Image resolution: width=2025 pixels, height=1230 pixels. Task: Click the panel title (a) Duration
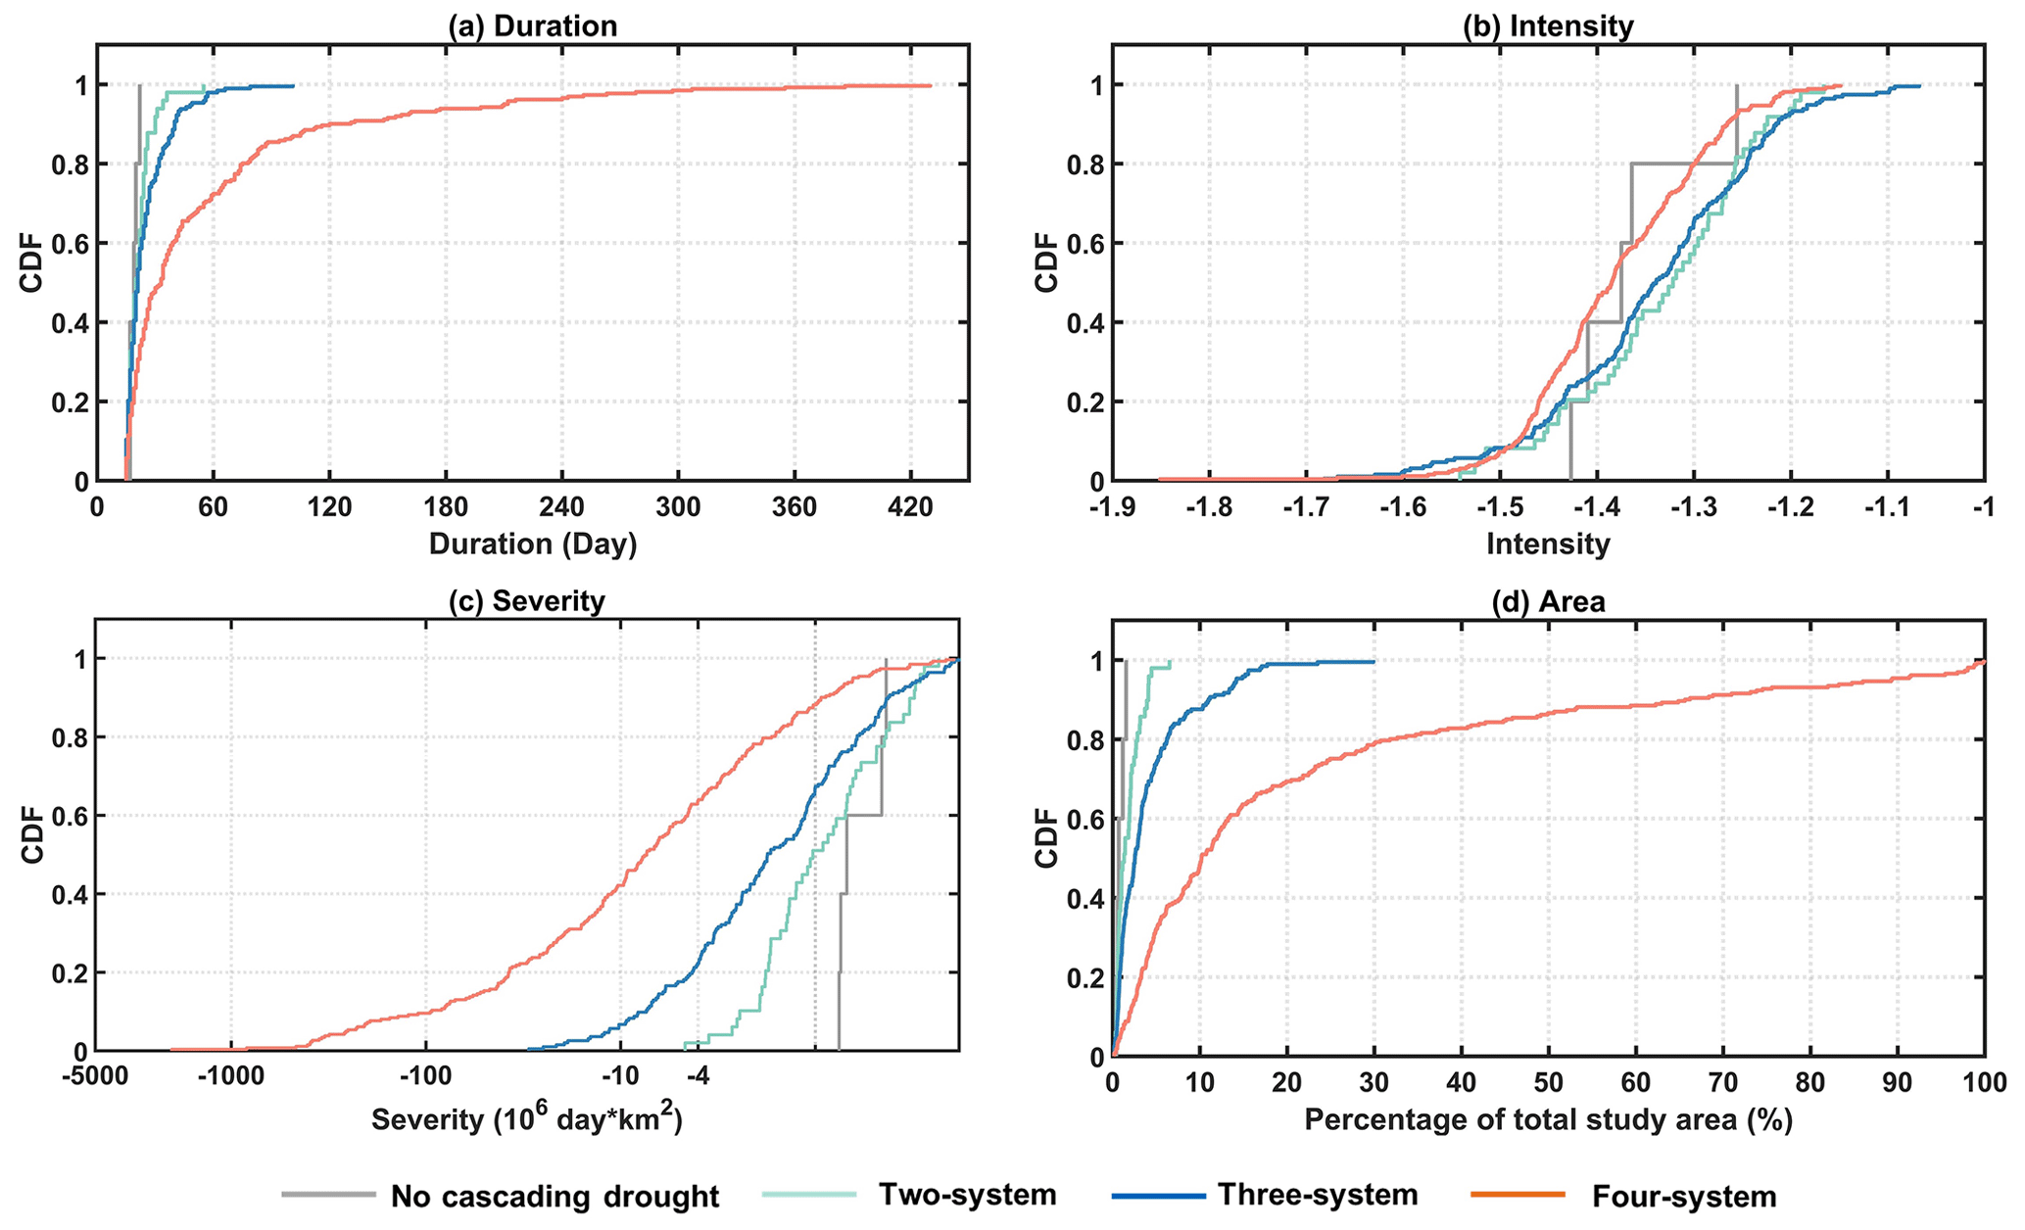532,26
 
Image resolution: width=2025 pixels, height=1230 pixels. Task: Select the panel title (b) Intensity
1548,26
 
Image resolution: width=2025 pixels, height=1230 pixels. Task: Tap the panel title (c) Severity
527,600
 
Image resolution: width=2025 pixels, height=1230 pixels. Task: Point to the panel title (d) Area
1548,601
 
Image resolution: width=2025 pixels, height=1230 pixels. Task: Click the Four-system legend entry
1683,1197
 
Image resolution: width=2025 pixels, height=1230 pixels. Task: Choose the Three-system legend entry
1318,1195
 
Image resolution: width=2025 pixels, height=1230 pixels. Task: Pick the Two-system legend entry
967,1195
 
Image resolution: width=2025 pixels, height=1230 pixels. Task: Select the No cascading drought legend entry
554,1197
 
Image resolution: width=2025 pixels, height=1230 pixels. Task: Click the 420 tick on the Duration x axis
909,509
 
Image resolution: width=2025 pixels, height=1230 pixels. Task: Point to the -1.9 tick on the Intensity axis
1113,509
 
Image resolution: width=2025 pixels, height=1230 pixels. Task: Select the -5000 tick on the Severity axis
95,1080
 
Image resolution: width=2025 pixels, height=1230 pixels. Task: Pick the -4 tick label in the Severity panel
697,1080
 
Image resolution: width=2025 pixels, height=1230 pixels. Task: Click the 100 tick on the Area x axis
1984,1085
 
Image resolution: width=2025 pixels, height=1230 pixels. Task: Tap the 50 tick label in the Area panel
1548,1085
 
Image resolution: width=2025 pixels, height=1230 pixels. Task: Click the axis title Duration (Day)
532,544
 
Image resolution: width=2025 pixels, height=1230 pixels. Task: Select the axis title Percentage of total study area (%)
1548,1119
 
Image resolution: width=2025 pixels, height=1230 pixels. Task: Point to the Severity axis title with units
527,1118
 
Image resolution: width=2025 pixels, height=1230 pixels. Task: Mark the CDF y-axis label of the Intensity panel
1047,261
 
